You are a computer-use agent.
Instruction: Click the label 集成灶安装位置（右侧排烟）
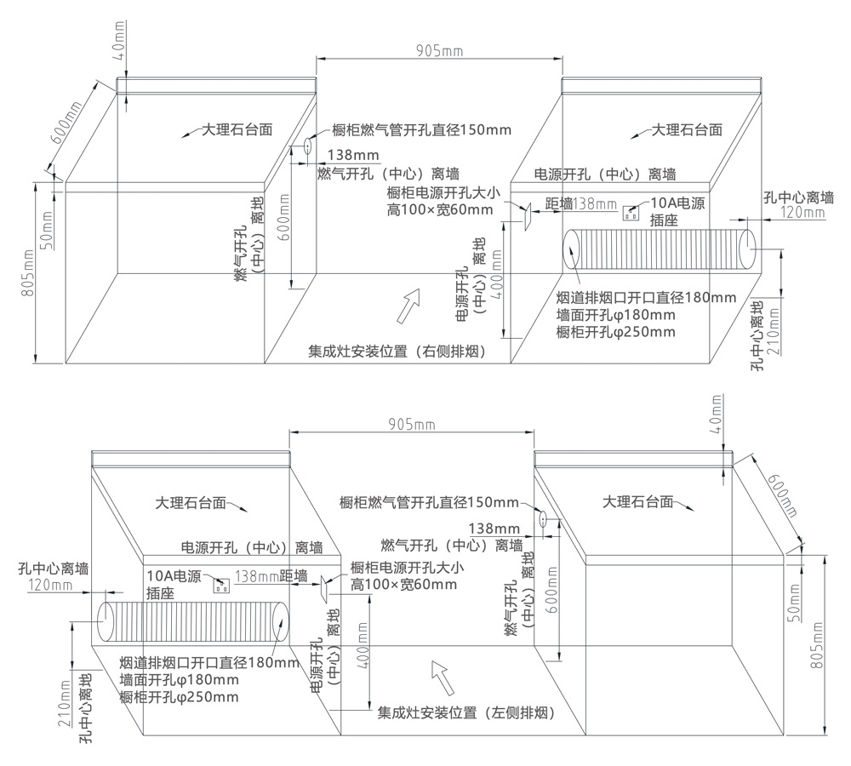[x=397, y=352]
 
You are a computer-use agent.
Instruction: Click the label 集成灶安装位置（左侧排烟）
[x=465, y=713]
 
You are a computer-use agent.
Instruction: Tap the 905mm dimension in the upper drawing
[x=439, y=50]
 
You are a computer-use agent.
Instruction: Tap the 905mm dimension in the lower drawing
[x=411, y=423]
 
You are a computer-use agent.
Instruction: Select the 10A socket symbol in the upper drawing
[x=631, y=212]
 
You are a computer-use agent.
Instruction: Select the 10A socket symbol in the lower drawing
[x=222, y=585]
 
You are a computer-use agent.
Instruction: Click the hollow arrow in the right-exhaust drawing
[x=410, y=304]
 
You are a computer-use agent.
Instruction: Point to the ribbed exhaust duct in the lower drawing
[x=193, y=621]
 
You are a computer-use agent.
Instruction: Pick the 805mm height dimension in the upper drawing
[x=27, y=273]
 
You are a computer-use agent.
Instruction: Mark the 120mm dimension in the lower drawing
[x=50, y=585]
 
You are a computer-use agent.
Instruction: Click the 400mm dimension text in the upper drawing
[x=495, y=289]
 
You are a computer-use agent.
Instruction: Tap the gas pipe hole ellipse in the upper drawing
[x=303, y=146]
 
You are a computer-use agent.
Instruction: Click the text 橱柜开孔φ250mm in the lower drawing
[x=180, y=697]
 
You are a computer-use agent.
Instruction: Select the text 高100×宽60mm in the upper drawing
[x=439, y=209]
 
